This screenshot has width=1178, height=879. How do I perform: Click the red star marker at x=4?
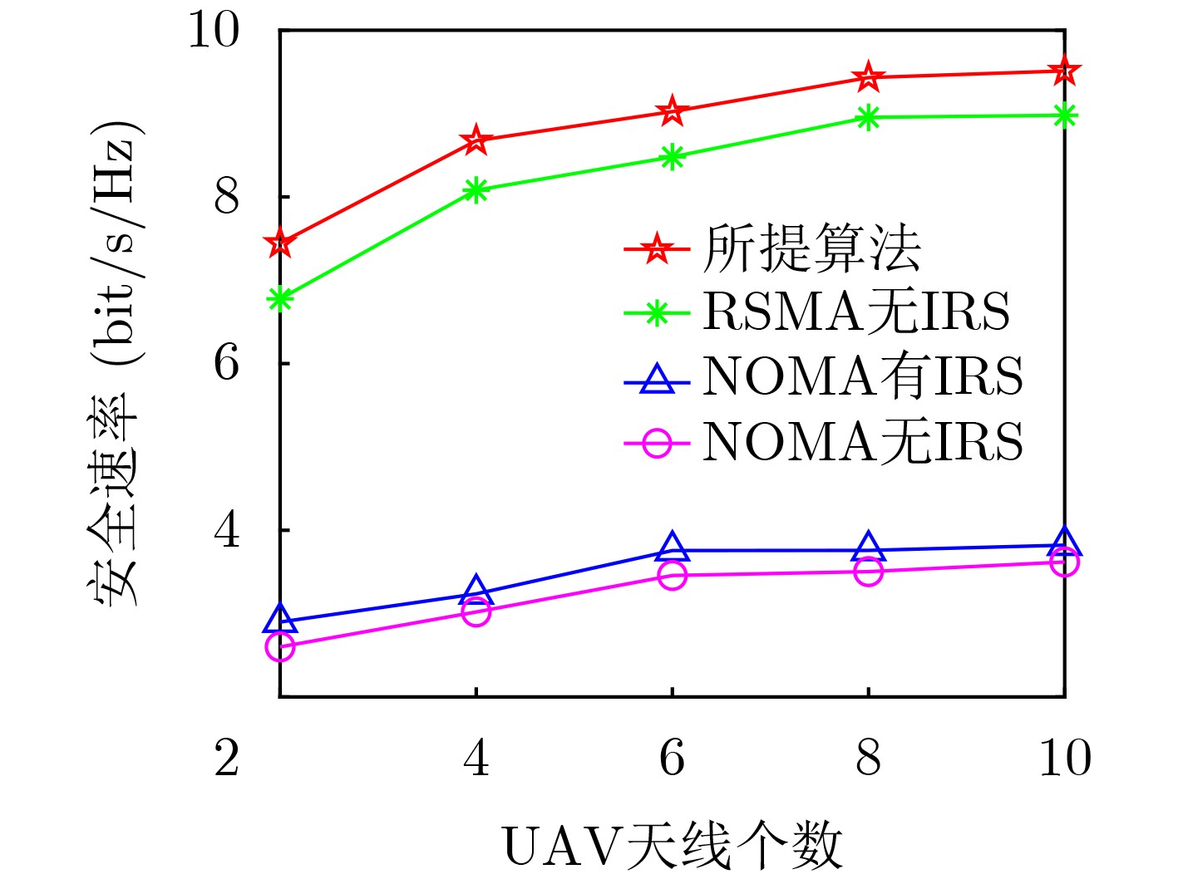[x=476, y=140]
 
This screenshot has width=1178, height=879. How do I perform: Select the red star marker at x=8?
[x=869, y=77]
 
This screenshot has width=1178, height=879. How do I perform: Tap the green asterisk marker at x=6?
[x=673, y=157]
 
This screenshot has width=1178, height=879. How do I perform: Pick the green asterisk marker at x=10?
[x=1064, y=115]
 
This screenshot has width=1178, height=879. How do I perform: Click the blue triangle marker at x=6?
[x=673, y=548]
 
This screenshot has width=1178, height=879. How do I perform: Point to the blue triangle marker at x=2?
[x=280, y=619]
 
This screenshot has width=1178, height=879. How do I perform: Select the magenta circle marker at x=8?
[x=869, y=572]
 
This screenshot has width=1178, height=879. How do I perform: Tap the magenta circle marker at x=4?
[x=476, y=612]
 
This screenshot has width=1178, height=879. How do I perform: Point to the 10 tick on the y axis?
[x=214, y=31]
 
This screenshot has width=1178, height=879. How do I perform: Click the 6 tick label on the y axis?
[x=226, y=363]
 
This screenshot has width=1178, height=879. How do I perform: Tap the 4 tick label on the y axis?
[x=226, y=530]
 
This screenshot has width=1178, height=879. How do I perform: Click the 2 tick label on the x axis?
[x=227, y=759]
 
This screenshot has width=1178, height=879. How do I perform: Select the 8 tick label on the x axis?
[x=869, y=759]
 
